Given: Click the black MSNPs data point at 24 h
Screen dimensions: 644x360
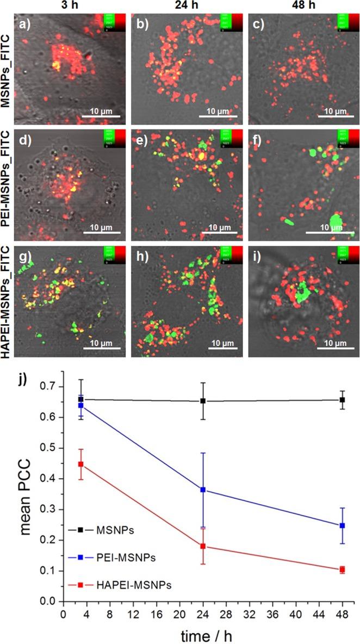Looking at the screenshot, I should [x=203, y=401].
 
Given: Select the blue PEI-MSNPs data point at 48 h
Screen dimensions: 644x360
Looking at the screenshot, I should [x=342, y=525].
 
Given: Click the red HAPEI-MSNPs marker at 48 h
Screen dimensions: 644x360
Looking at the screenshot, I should [x=342, y=569].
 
